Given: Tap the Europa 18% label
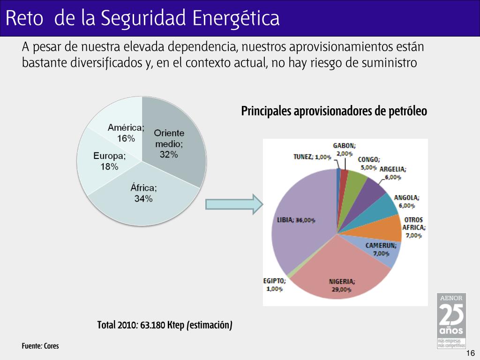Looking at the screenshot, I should click(109, 161).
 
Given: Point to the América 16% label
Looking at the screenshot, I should click(126, 133).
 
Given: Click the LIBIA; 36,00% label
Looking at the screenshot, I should click(296, 220).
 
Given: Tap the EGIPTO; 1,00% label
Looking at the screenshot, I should click(275, 285).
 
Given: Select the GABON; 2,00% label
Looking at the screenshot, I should click(344, 150).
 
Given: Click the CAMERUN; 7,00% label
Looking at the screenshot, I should click(381, 249).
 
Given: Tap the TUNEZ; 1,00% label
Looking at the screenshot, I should click(312, 157).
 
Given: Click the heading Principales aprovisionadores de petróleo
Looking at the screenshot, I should click(334, 112).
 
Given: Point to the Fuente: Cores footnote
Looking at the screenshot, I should click(40, 346).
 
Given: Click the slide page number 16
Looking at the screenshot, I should click(471, 353).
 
